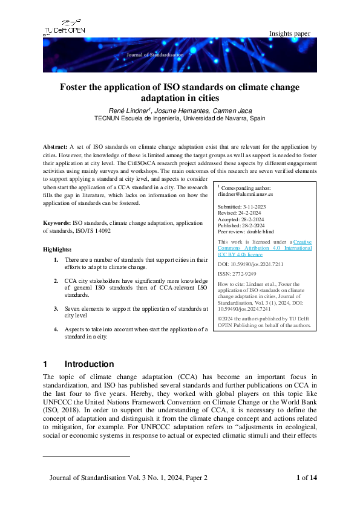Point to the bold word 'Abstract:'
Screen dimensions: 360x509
click(55, 147)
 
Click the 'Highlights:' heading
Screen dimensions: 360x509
click(57, 249)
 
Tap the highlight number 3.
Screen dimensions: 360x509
click(56, 308)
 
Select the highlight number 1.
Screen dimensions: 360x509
click(56, 260)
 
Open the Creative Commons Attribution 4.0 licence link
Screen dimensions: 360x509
click(265, 248)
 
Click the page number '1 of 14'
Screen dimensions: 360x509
click(306, 478)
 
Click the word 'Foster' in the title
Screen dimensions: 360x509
click(75, 87)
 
